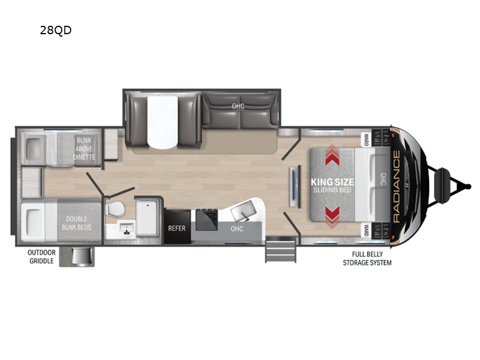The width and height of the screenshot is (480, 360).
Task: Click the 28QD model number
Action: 56,30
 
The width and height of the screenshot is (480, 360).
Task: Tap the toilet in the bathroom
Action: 115,209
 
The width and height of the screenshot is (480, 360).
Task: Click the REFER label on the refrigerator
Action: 176,229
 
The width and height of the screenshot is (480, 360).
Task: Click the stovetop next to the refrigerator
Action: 206,219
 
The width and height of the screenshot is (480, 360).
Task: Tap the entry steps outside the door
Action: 281,249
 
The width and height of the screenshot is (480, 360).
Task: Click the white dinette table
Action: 162,122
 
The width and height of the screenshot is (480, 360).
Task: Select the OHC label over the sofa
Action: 238,106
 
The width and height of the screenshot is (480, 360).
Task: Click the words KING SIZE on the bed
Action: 332,182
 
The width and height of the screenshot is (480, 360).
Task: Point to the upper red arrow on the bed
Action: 332,155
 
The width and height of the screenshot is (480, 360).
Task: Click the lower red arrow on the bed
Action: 332,217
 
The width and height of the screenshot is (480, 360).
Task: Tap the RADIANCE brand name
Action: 396,187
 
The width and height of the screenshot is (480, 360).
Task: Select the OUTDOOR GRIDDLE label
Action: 41,257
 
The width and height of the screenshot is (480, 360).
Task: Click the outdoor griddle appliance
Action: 81,256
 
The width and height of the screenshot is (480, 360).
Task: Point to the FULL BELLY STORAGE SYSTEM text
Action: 367,259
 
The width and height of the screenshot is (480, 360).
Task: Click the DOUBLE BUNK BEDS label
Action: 76,223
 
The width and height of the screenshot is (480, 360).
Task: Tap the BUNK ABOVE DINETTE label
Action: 84,148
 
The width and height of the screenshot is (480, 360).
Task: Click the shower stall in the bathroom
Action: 148,217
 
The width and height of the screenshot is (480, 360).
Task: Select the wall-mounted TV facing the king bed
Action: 295,187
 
